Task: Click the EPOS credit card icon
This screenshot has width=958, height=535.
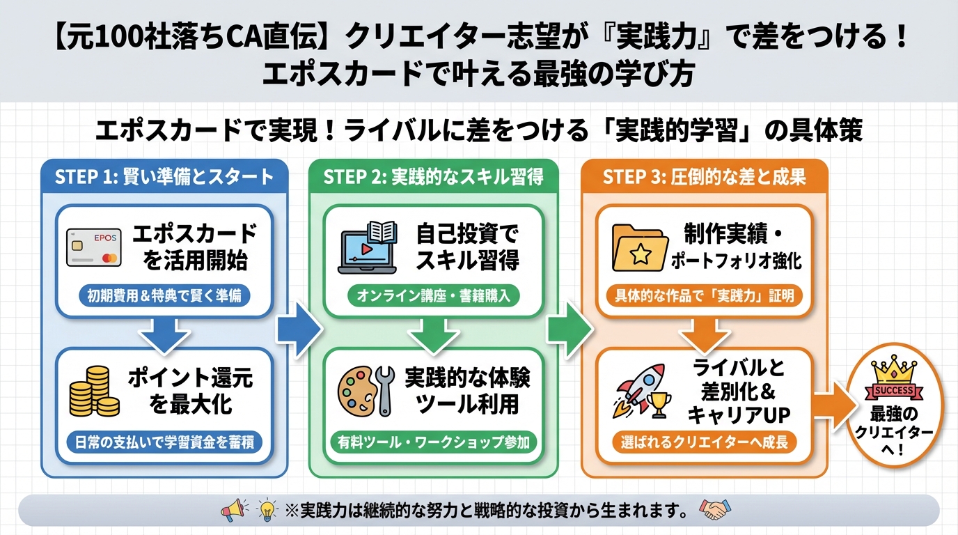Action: [x=94, y=247]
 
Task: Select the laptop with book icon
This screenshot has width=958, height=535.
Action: [x=367, y=247]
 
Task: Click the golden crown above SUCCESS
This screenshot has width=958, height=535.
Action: [x=893, y=366]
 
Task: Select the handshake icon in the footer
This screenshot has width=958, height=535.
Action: [x=712, y=511]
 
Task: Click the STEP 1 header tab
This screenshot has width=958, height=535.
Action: [x=164, y=176]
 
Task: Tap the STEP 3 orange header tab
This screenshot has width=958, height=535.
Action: [x=704, y=176]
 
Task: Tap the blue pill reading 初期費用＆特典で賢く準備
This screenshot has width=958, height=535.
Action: [x=164, y=295]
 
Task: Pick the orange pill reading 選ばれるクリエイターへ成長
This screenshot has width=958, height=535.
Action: [x=705, y=441]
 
